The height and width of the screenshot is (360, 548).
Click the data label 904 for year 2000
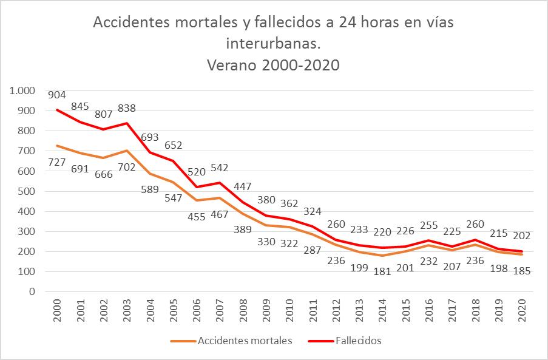tap(57, 95)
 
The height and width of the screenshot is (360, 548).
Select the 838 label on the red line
tap(126, 108)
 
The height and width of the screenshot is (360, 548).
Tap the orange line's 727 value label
tap(57, 162)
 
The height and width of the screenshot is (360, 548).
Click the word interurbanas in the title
tap(273, 44)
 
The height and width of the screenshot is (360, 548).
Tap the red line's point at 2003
tap(126, 123)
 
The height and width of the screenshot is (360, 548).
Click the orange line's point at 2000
tap(57, 146)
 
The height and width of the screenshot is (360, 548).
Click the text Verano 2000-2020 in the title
tap(273, 65)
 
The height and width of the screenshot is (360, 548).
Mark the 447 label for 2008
tap(243, 186)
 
